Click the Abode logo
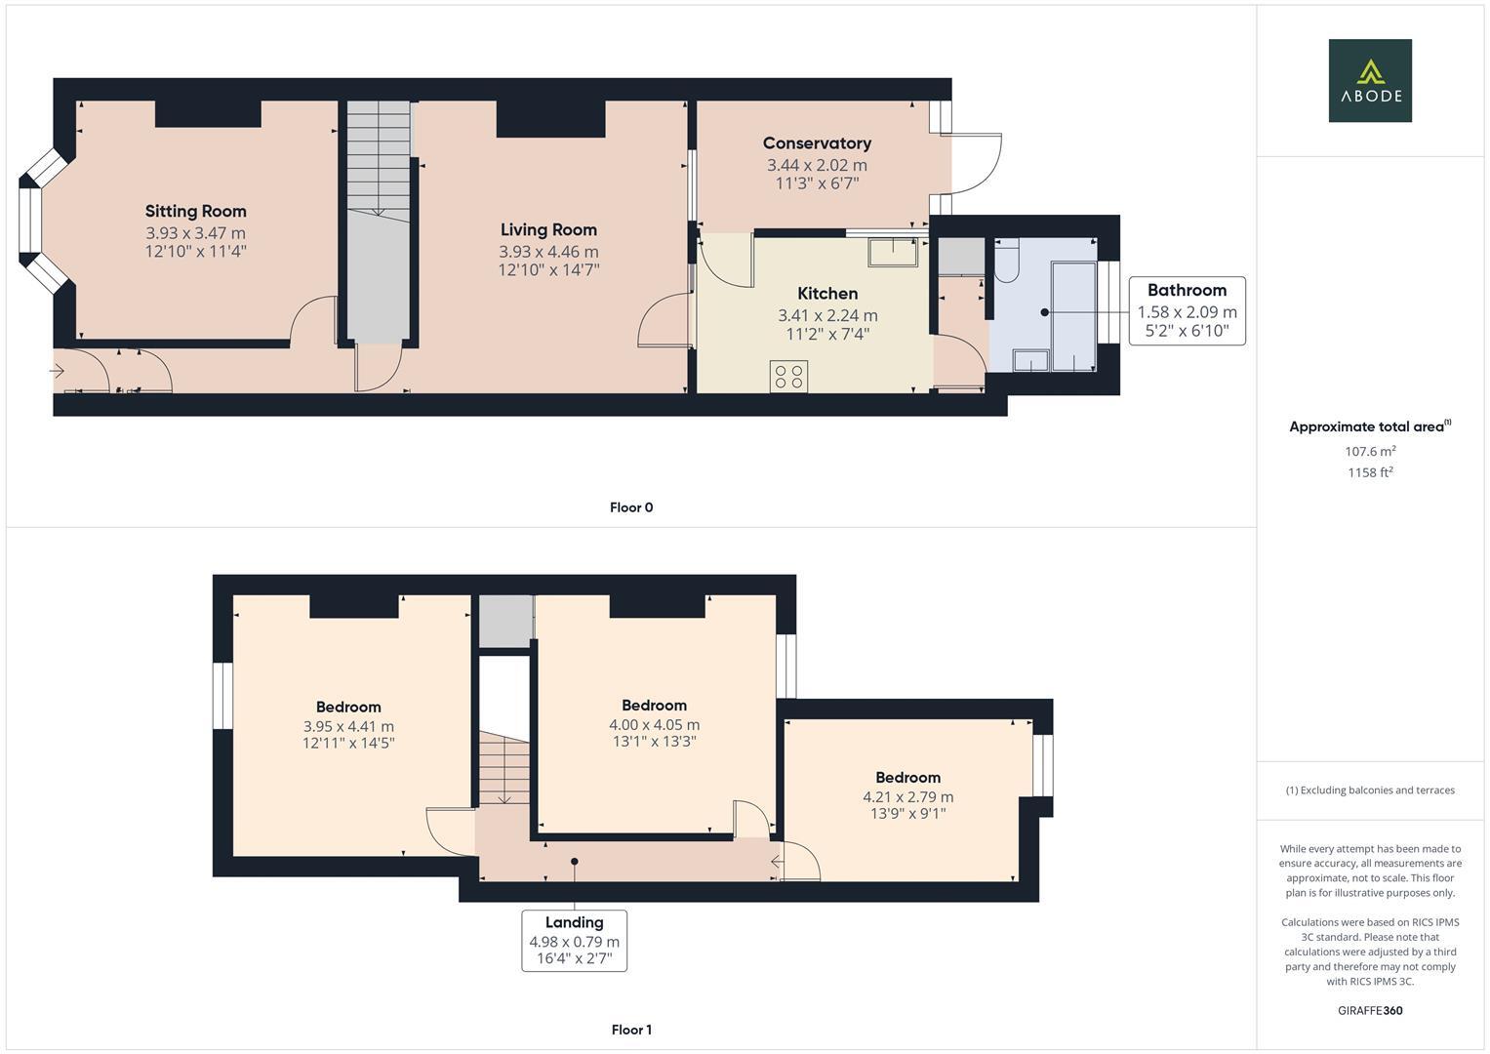pyautogui.click(x=1369, y=80)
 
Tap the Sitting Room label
pyautogui.click(x=195, y=211)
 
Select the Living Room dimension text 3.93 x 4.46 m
pyautogui.click(x=548, y=252)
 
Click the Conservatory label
pyautogui.click(x=817, y=143)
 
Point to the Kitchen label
pyautogui.click(x=827, y=293)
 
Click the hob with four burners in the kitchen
pyautogui.click(x=788, y=377)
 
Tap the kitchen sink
pyautogui.click(x=893, y=252)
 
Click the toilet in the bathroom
pyautogui.click(x=1006, y=261)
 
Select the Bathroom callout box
pyautogui.click(x=1187, y=311)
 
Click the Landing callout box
pyautogui.click(x=574, y=941)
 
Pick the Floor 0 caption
pyautogui.click(x=631, y=507)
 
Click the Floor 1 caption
pyautogui.click(x=631, y=1030)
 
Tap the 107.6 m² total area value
pyautogui.click(x=1369, y=451)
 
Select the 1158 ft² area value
pyautogui.click(x=1369, y=472)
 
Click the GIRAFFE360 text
pyautogui.click(x=1369, y=1010)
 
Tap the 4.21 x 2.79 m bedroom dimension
pyautogui.click(x=907, y=797)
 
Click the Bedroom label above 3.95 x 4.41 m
pyautogui.click(x=348, y=707)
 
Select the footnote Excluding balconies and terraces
pyautogui.click(x=1369, y=790)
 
